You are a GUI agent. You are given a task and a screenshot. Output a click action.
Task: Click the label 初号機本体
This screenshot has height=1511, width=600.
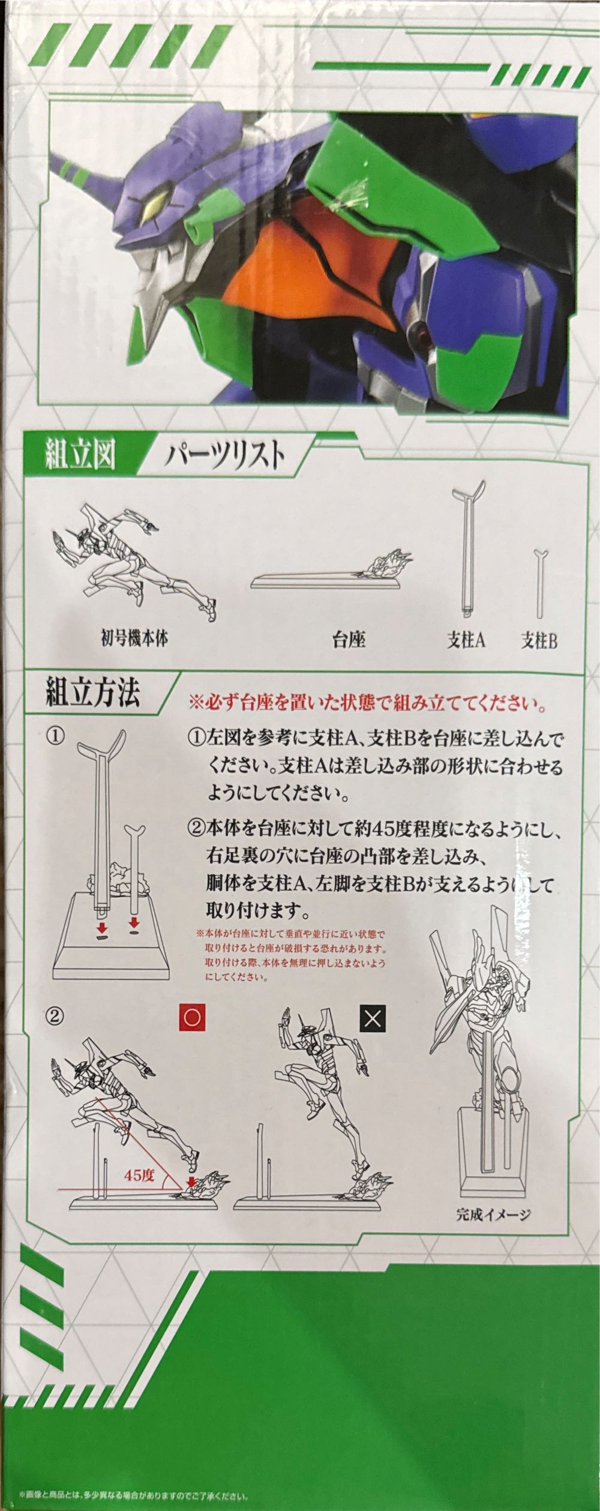pos(134,638)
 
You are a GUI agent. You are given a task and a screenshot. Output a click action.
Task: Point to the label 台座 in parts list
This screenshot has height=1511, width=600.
pos(349,641)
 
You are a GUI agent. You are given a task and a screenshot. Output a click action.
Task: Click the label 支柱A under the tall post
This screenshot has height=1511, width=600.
pos(466,641)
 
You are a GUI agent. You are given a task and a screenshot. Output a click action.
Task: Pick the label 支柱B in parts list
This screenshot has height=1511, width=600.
pos(539,641)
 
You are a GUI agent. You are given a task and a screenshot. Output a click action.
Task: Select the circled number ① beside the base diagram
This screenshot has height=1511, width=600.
pos(56,737)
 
